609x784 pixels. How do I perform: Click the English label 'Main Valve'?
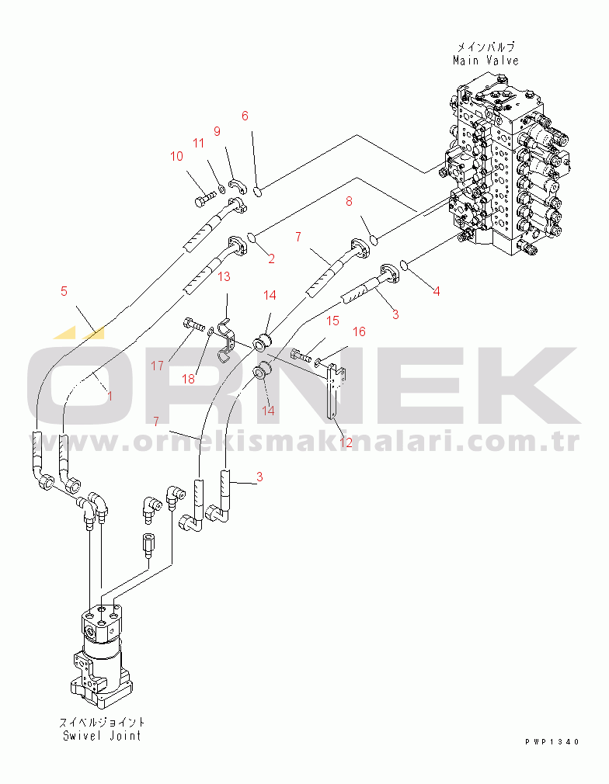[485, 61]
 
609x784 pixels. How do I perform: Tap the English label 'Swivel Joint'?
[102, 736]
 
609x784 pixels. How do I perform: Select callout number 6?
[245, 116]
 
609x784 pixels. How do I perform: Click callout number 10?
[176, 157]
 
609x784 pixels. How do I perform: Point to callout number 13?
[224, 276]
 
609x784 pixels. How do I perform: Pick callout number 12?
[346, 442]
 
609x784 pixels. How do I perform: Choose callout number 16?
[360, 331]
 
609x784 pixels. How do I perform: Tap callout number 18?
[188, 379]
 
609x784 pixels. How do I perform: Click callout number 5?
[64, 291]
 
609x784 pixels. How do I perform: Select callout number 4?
[437, 291]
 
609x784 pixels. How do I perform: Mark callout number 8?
[349, 201]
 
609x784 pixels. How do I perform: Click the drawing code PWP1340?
[552, 742]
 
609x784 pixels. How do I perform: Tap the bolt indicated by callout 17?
[195, 324]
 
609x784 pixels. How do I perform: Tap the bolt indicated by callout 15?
[301, 356]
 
